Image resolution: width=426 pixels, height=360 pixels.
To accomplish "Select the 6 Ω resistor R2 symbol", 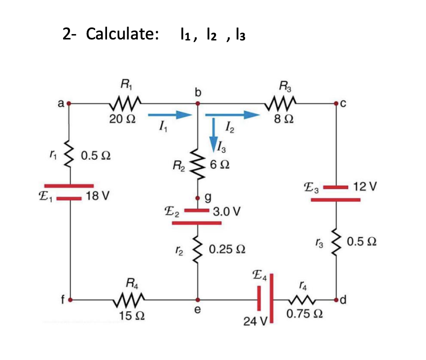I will pos(198,165).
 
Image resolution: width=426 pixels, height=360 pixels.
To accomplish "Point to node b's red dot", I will pos(198,104).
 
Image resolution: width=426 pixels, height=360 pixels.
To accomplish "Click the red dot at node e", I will pos(198,299).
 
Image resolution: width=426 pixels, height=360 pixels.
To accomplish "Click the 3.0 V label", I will pos(227,212).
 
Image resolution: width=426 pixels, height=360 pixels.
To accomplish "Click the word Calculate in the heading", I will pos(122,34).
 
